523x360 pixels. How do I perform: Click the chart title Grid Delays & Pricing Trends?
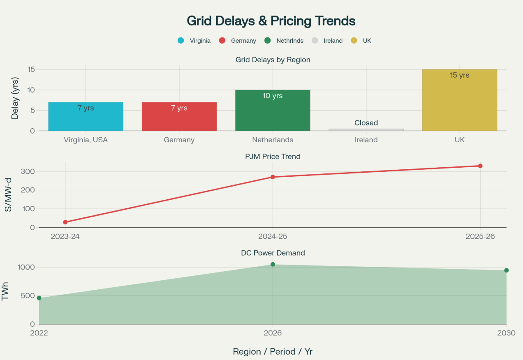click(271, 21)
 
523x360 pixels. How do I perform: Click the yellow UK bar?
click(459, 100)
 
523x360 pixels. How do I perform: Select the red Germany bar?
click(179, 117)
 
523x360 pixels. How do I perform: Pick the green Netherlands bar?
click(273, 111)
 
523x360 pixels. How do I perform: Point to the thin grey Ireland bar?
click(366, 129)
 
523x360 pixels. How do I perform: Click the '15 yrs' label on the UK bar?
click(459, 75)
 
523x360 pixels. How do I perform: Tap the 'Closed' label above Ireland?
click(366, 123)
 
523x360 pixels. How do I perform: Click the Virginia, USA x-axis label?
click(86, 140)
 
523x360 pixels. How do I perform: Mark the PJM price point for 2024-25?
click(273, 177)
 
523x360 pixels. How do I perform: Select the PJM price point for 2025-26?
click(480, 166)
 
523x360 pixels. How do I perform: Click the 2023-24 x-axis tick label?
click(65, 236)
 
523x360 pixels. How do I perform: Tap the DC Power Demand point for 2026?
click(273, 264)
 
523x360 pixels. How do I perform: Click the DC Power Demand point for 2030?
click(506, 270)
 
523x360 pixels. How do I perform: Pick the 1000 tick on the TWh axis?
click(26, 267)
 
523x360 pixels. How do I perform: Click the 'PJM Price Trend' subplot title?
click(273, 156)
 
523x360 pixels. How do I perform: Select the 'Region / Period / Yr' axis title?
click(273, 351)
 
